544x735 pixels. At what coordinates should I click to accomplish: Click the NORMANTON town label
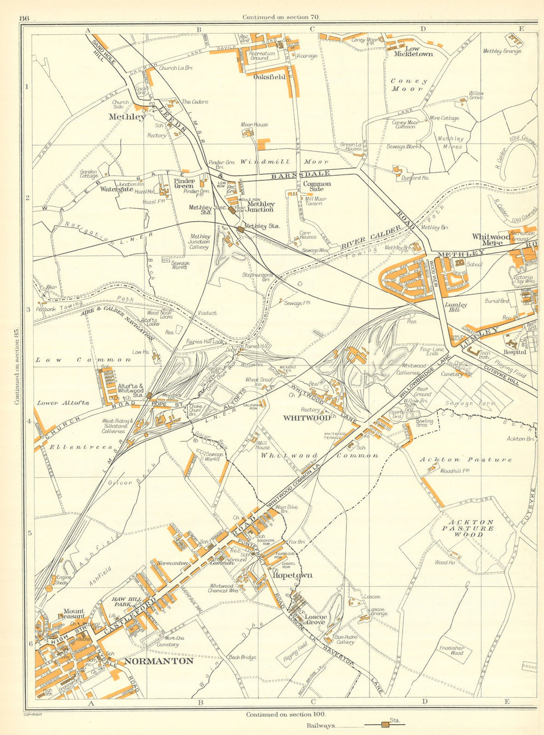[158, 661]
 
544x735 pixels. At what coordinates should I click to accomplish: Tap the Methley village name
[127, 116]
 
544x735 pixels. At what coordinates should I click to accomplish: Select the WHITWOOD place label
[306, 418]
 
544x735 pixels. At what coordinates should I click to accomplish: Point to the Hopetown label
[292, 575]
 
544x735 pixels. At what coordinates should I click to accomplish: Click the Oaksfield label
[269, 77]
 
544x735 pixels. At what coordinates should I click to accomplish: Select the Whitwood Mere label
[491, 240]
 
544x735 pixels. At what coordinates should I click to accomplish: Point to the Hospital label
[514, 352]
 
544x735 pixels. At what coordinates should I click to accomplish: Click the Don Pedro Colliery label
[345, 639]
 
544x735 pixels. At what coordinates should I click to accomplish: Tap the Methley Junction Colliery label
[199, 241]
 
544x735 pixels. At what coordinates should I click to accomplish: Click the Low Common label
[83, 359]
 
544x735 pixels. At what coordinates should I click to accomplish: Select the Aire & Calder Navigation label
[118, 325]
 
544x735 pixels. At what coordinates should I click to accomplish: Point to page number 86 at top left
[23, 18]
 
